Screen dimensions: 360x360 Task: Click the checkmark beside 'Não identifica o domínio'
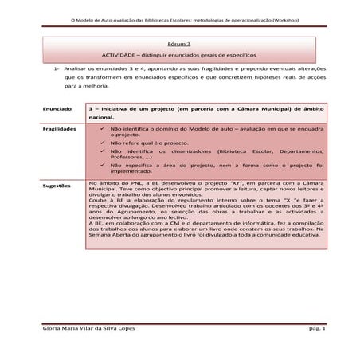click(102, 127)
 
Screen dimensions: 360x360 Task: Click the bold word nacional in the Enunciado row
click(105, 116)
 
